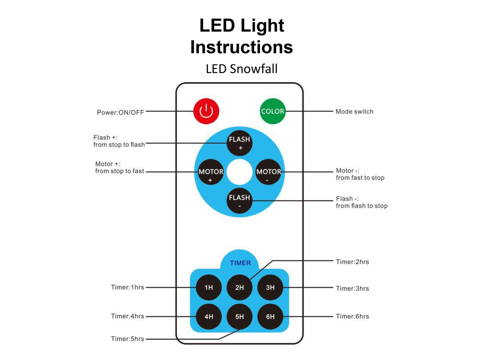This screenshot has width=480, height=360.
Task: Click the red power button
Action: pyautogui.click(x=206, y=111)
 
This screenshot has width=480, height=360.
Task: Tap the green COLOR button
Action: pyautogui.click(x=272, y=111)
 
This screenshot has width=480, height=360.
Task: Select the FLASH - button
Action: pyautogui.click(x=239, y=201)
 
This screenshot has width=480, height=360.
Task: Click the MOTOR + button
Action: pyautogui.click(x=211, y=172)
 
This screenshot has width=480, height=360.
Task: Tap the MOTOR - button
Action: pyautogui.click(x=268, y=172)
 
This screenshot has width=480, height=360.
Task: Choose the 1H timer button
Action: pyautogui.click(x=209, y=287)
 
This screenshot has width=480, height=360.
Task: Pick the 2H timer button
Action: pyautogui.click(x=239, y=287)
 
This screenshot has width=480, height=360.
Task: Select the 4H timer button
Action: pyautogui.click(x=209, y=316)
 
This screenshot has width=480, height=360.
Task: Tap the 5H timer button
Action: pyautogui.click(x=239, y=316)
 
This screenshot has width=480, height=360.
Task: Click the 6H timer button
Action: pyautogui.click(x=270, y=316)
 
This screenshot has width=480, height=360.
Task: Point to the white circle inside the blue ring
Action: pyautogui.click(x=240, y=172)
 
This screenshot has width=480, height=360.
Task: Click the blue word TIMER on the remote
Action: pyautogui.click(x=240, y=263)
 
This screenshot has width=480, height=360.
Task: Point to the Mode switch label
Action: pyautogui.click(x=354, y=112)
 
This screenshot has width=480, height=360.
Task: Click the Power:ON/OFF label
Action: pyautogui.click(x=120, y=113)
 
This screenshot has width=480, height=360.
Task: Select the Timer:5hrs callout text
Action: pyautogui.click(x=128, y=339)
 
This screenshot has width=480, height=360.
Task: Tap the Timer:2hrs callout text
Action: pyautogui.click(x=352, y=262)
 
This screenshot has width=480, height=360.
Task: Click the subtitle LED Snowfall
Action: pyautogui.click(x=241, y=69)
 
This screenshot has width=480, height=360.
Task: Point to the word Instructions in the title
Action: pyautogui.click(x=241, y=47)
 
